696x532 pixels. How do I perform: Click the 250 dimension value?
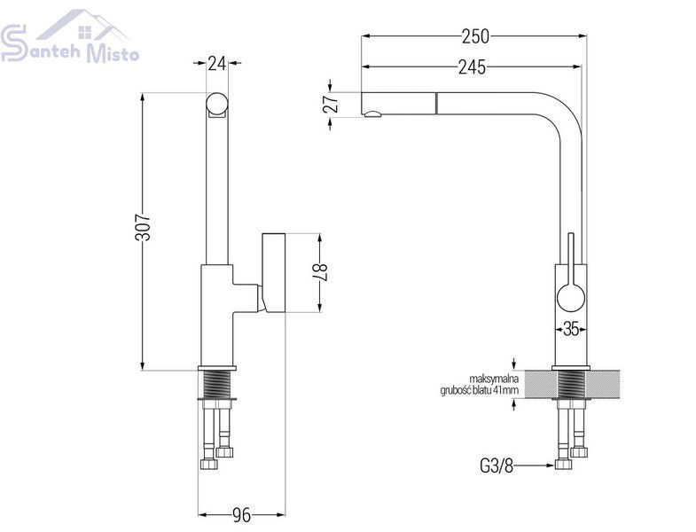click(x=475, y=36)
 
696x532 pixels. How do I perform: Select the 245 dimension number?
click(x=472, y=67)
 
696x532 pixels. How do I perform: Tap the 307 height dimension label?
click(x=143, y=227)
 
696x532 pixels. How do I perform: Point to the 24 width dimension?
click(x=217, y=64)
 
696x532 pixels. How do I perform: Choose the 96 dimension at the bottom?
click(x=241, y=515)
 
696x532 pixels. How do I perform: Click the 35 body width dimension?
click(x=571, y=329)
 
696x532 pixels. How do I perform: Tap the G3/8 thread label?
click(x=497, y=465)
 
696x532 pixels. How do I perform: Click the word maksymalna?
click(x=494, y=379)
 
